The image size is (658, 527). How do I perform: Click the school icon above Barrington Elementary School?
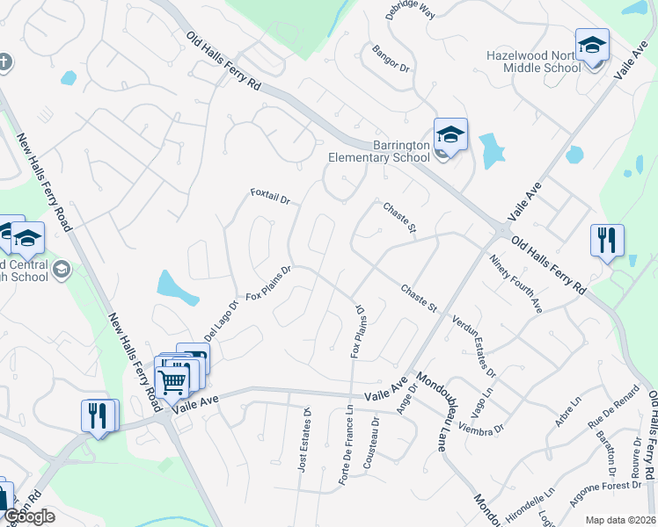pos(450,134)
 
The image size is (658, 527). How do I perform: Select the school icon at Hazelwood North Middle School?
pos(592,45)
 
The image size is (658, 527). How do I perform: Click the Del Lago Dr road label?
pos(221,323)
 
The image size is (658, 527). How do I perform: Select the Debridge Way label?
pos(410,11)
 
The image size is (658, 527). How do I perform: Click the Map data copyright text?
pos(620,520)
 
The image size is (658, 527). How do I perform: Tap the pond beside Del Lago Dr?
pos(176,286)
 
